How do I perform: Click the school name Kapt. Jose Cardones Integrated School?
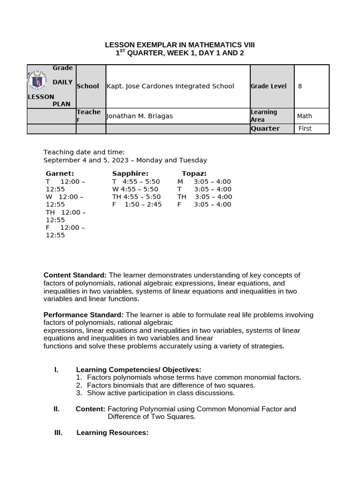[171, 86]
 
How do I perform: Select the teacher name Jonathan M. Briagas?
[140, 116]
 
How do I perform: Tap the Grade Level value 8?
[300, 86]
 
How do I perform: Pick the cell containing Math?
[304, 116]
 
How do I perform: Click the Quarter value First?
[305, 129]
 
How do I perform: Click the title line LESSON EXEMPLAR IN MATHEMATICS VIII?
[180, 45]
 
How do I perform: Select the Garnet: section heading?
[60, 174]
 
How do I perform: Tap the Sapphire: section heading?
[130, 174]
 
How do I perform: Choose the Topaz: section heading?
[194, 174]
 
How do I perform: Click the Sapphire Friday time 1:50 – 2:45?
[143, 204]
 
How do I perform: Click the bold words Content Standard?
[75, 275]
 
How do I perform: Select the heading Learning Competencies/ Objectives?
[139, 370]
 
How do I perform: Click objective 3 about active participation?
[160, 393]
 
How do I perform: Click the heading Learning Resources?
[112, 432]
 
